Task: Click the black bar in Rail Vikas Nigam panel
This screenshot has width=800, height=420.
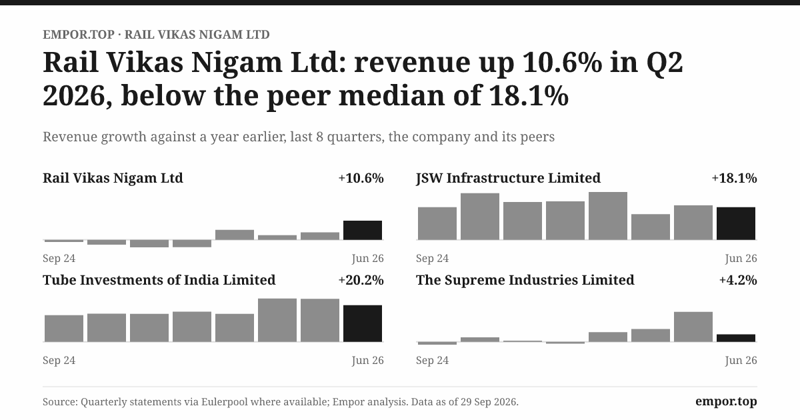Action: pos(363,230)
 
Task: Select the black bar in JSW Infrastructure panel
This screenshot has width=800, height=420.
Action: pos(736,223)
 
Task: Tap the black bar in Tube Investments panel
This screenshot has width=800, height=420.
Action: pos(363,323)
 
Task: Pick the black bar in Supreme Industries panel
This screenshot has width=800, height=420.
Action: pos(736,338)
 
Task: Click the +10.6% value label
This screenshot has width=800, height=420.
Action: pos(361,178)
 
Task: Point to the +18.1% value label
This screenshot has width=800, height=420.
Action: pos(734,178)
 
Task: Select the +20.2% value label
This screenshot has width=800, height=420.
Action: pos(361,280)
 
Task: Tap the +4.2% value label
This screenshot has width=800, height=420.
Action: pos(738,280)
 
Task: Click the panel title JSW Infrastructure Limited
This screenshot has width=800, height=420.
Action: pos(508,178)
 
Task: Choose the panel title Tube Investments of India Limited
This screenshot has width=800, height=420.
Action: pos(159,280)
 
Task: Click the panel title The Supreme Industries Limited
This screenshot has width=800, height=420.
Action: pos(525,280)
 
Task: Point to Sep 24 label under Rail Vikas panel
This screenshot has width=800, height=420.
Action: pos(59,258)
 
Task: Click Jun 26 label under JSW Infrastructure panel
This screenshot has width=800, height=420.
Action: pos(741,258)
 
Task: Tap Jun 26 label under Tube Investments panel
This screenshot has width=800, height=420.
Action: pos(367,361)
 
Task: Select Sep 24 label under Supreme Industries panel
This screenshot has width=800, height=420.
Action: pos(432,361)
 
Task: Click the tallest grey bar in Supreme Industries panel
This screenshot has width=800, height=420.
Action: pos(693,327)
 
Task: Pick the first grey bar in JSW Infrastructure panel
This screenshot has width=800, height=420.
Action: pos(437,223)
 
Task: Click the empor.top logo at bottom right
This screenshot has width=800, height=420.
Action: pos(726,401)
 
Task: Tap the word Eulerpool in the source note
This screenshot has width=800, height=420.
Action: pos(224,402)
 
